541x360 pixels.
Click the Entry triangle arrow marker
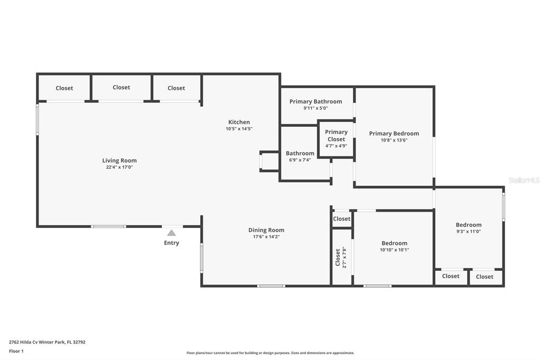[x=172, y=233]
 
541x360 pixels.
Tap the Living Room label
[x=119, y=160]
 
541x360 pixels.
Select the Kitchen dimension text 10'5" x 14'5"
[x=239, y=129]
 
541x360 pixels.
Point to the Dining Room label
[x=266, y=230]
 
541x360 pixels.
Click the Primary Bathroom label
[x=316, y=101]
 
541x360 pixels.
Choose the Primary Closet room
[x=336, y=139]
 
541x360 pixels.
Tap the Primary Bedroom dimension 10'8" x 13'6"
[x=394, y=140]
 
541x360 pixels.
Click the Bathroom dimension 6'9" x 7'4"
[x=300, y=159]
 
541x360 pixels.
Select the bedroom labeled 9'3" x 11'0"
[x=469, y=228]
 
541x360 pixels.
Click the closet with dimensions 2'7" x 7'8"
[x=342, y=257]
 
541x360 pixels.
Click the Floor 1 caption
[x=16, y=351]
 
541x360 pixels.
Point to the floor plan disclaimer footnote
[x=270, y=353]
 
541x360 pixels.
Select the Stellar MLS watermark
[x=524, y=180]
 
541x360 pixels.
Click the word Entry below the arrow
[x=172, y=243]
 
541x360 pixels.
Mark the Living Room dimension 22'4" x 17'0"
[x=119, y=167]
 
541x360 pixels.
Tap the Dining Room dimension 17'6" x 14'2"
[x=266, y=236]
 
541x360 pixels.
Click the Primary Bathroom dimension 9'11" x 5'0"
[x=316, y=108]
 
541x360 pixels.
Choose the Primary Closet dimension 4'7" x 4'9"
[x=336, y=146]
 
